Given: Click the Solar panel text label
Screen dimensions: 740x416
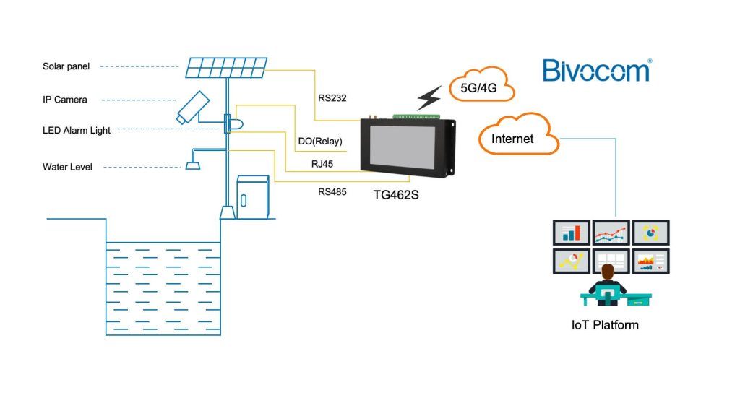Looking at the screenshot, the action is (x=66, y=66).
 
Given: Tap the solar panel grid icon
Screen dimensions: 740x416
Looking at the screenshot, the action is (x=226, y=68).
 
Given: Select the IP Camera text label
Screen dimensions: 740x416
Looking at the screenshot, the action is (x=64, y=100).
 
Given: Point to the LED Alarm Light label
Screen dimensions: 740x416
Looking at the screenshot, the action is (x=77, y=130).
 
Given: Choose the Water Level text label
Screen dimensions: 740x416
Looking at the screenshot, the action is (x=67, y=167).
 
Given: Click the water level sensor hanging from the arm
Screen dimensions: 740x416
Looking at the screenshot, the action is (x=192, y=161).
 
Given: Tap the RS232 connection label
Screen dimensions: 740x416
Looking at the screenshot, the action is (x=332, y=98).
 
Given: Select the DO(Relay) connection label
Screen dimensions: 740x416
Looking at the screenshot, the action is (x=320, y=141).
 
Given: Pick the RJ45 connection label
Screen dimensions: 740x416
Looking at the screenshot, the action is (x=322, y=164).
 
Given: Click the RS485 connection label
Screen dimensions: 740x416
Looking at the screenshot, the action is (x=332, y=192).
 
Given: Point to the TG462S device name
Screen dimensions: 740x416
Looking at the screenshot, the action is (x=396, y=195).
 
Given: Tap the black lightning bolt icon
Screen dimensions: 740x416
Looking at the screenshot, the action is (x=429, y=98).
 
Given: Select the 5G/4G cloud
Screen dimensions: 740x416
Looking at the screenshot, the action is (x=481, y=85).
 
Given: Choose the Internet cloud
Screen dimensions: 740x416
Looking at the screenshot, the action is (x=518, y=135).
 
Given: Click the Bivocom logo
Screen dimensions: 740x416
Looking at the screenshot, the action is (x=597, y=70).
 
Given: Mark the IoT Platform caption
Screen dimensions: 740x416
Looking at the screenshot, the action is (x=605, y=325).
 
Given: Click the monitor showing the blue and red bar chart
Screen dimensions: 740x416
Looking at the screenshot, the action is (x=572, y=233).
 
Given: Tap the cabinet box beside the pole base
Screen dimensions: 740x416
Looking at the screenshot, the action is (x=253, y=197).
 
